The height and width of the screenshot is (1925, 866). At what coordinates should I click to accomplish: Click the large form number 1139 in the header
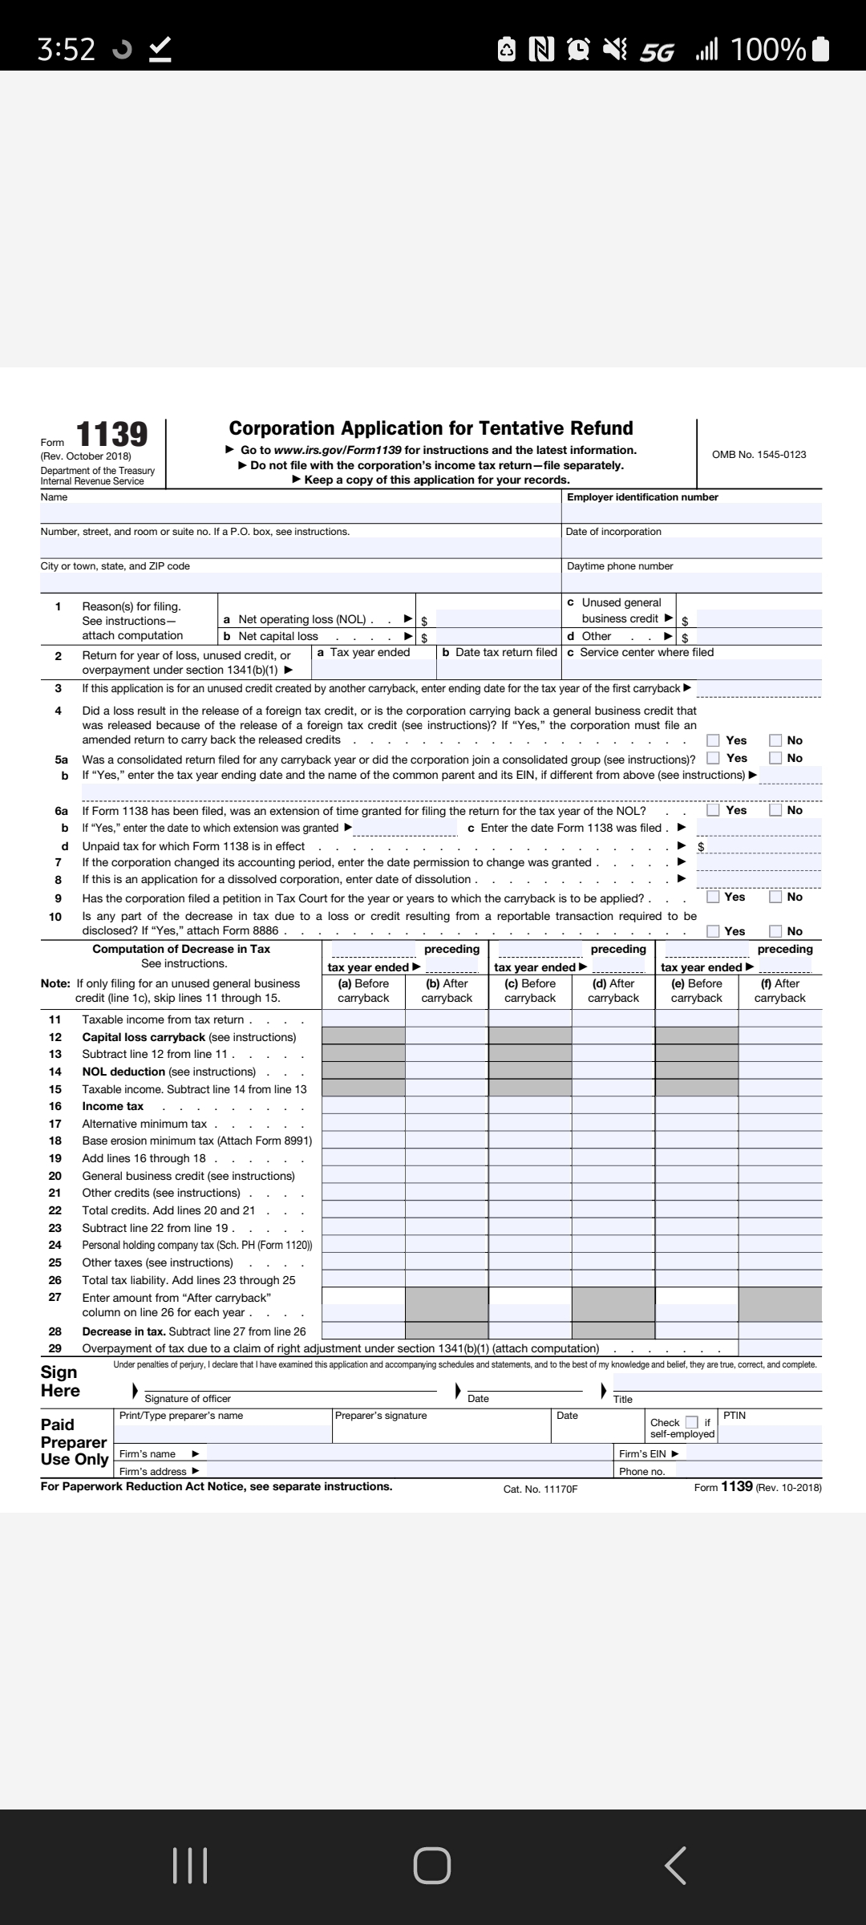(x=111, y=435)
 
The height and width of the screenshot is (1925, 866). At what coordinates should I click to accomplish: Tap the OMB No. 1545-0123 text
(x=759, y=455)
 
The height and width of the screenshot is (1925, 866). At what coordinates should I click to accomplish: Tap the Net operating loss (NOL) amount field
(x=498, y=619)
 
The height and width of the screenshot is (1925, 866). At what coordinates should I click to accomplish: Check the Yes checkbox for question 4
(x=713, y=740)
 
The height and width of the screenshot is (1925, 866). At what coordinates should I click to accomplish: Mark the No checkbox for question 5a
(x=775, y=758)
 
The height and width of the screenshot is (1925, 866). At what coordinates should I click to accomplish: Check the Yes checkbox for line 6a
(x=713, y=810)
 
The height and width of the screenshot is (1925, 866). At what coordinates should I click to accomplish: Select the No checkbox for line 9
(x=775, y=897)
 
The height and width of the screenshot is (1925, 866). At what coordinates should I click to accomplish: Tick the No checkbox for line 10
(x=775, y=931)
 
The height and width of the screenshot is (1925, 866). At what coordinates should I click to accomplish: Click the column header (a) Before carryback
(x=363, y=991)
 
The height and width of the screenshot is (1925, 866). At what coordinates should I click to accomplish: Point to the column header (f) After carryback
(x=779, y=991)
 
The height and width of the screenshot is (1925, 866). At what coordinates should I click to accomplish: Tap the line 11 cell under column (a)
(x=363, y=1019)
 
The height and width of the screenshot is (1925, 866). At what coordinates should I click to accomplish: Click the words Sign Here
(x=60, y=1381)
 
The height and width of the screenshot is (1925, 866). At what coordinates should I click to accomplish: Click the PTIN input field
(x=771, y=1433)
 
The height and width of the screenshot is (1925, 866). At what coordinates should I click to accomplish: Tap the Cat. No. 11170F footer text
(x=540, y=1489)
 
